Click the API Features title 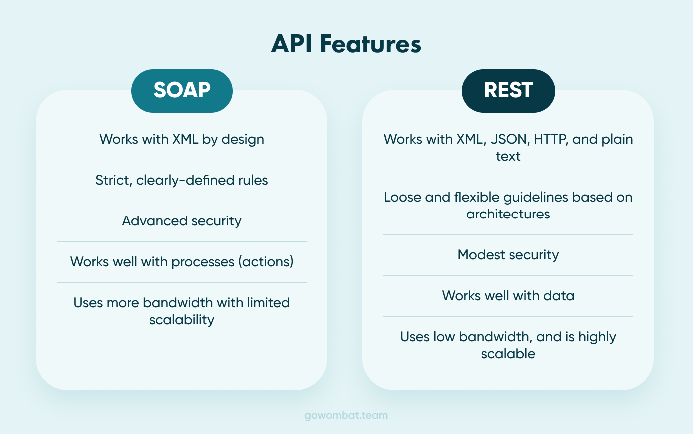pyautogui.click(x=346, y=44)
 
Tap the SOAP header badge pyautogui.click(x=182, y=91)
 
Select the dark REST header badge pyautogui.click(x=508, y=91)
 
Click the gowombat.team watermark pyautogui.click(x=346, y=415)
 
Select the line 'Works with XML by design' pyautogui.click(x=182, y=139)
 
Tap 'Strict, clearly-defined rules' pyautogui.click(x=182, y=180)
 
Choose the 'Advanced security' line pyautogui.click(x=182, y=221)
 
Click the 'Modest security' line pyautogui.click(x=508, y=255)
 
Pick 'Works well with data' pyautogui.click(x=508, y=296)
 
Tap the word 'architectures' pyautogui.click(x=508, y=214)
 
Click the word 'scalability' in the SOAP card pyautogui.click(x=182, y=320)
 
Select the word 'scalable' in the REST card pyautogui.click(x=508, y=354)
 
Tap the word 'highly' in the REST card pyautogui.click(x=597, y=337)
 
